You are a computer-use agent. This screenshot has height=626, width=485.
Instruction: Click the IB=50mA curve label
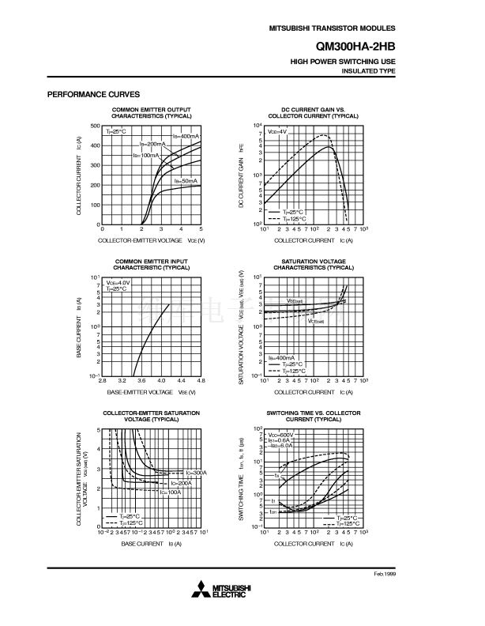(x=185, y=181)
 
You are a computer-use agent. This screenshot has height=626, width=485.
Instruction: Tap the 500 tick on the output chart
(x=95, y=126)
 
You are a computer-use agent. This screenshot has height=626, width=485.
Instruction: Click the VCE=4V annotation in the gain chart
(x=277, y=130)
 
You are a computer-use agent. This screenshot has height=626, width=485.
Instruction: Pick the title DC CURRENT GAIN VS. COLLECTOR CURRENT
(x=313, y=112)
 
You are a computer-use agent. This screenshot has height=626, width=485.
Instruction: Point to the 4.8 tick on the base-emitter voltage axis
(x=201, y=381)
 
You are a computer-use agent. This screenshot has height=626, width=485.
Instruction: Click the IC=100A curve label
(x=171, y=492)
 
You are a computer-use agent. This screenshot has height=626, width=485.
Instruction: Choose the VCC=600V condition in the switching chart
(x=280, y=435)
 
